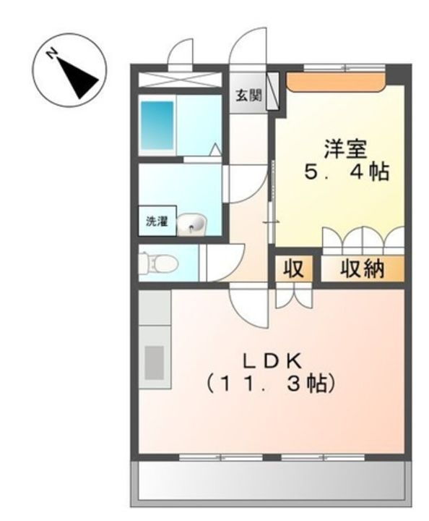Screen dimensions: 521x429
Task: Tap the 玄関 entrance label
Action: pos(246,94)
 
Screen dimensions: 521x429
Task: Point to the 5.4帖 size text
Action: pos(346,173)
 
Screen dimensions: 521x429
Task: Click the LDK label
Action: pos(272,359)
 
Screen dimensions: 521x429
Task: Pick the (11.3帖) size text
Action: pos(272,383)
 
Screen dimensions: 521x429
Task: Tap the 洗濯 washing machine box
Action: pos(156,222)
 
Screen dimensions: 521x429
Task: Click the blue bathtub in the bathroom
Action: pos(157,125)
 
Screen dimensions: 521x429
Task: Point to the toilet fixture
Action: pos(156,263)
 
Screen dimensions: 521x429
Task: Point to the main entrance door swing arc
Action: pos(249,49)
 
